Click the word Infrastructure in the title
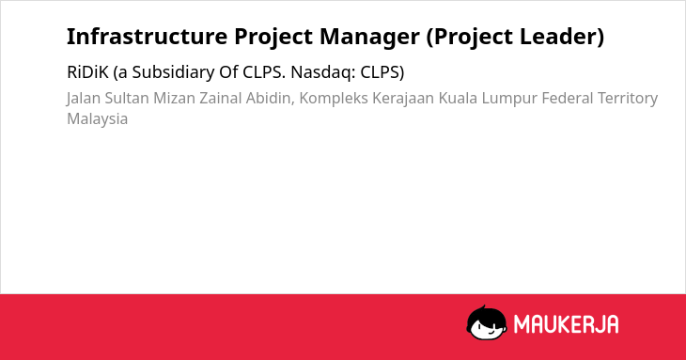pyautogui.click(x=147, y=37)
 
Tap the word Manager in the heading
pyautogui.click(x=369, y=38)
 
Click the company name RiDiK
pyautogui.click(x=87, y=72)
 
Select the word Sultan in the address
pyautogui.click(x=127, y=99)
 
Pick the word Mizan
pyautogui.click(x=174, y=99)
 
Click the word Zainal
pyautogui.click(x=221, y=99)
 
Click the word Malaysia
pyautogui.click(x=97, y=119)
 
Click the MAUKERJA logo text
pyautogui.click(x=566, y=324)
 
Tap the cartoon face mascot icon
pyautogui.click(x=487, y=322)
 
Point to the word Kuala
pyautogui.click(x=458, y=99)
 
